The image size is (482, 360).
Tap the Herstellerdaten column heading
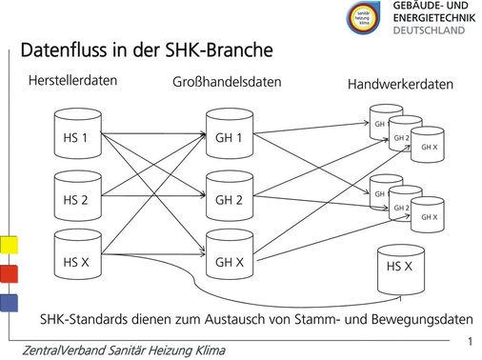coord(74,81)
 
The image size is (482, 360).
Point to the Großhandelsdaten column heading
coord(226,82)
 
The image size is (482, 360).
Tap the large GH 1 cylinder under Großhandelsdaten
coord(229,136)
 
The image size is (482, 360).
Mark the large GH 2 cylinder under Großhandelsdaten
coord(229,197)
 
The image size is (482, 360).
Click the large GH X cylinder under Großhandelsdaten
coord(229,259)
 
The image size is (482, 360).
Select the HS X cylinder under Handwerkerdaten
coord(400,267)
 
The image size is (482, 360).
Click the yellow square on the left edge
coord(8,244)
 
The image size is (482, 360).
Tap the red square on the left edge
coord(8,273)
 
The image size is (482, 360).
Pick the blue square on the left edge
coord(8,303)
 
